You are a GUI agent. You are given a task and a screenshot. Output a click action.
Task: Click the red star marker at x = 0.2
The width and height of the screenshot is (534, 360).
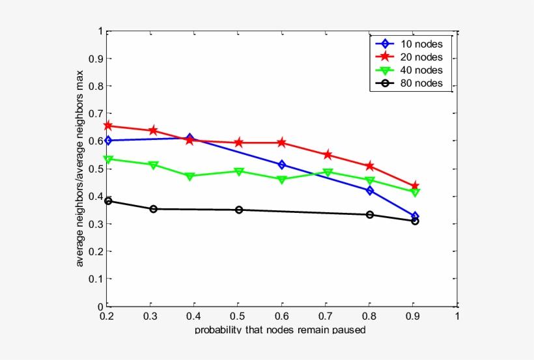(108, 126)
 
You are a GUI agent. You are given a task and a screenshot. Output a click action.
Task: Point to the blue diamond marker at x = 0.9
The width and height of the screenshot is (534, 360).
(415, 216)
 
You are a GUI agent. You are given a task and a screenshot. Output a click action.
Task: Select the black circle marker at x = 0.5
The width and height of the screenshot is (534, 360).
(239, 210)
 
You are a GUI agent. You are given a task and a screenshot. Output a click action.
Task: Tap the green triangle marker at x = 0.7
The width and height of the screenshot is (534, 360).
(328, 173)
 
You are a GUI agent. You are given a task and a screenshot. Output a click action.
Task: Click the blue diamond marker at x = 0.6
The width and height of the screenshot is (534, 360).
(282, 165)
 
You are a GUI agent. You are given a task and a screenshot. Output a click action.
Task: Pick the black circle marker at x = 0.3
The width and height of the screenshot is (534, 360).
(153, 209)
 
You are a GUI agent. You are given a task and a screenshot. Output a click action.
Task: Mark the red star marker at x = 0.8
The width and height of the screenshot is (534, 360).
(370, 166)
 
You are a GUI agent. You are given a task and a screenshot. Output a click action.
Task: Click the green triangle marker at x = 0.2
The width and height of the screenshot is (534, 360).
(108, 159)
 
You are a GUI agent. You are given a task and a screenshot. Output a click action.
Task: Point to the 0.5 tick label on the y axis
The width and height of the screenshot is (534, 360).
(96, 169)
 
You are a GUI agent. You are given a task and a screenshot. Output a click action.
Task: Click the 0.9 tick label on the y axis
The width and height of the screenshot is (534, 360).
(96, 59)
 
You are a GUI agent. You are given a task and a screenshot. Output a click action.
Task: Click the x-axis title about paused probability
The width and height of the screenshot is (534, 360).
(280, 330)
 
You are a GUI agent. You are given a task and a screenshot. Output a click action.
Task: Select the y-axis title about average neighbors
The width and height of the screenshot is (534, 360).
(80, 169)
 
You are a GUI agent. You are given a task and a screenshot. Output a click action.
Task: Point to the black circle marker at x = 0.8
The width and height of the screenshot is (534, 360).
(370, 215)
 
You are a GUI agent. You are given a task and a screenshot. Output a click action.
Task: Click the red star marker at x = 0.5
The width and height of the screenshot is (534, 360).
(239, 143)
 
